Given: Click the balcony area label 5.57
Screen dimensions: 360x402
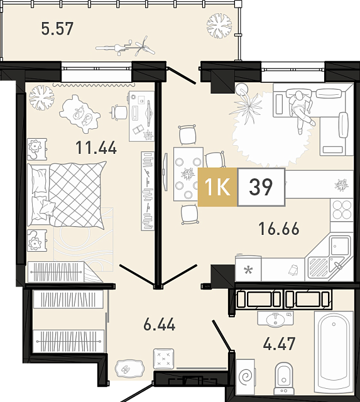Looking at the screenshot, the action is [57, 29].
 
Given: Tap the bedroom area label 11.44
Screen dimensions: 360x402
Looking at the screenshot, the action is [96, 148].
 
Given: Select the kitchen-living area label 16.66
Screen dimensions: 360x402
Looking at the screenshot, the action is [279, 229].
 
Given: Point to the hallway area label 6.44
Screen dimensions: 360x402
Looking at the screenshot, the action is [159, 324].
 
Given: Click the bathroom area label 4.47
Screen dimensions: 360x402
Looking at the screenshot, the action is [279, 344].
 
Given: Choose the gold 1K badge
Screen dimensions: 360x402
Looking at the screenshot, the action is [217, 187].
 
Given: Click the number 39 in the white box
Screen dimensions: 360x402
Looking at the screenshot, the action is [261, 187].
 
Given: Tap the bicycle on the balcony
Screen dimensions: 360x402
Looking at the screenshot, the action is [126, 46].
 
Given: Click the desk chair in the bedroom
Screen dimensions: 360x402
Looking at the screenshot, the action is [119, 112].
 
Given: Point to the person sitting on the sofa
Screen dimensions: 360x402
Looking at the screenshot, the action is [302, 111].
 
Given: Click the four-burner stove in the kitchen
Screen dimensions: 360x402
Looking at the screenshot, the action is [342, 210].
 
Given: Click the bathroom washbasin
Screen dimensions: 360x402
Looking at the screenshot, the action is [275, 320].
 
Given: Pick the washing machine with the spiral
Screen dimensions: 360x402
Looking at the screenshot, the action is [246, 377].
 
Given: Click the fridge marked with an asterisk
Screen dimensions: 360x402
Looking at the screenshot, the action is [248, 269].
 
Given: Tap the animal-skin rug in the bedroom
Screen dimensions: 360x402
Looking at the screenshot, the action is [80, 114].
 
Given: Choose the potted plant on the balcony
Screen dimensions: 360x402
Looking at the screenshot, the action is [219, 26].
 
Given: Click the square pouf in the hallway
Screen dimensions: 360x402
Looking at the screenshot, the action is [163, 359].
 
